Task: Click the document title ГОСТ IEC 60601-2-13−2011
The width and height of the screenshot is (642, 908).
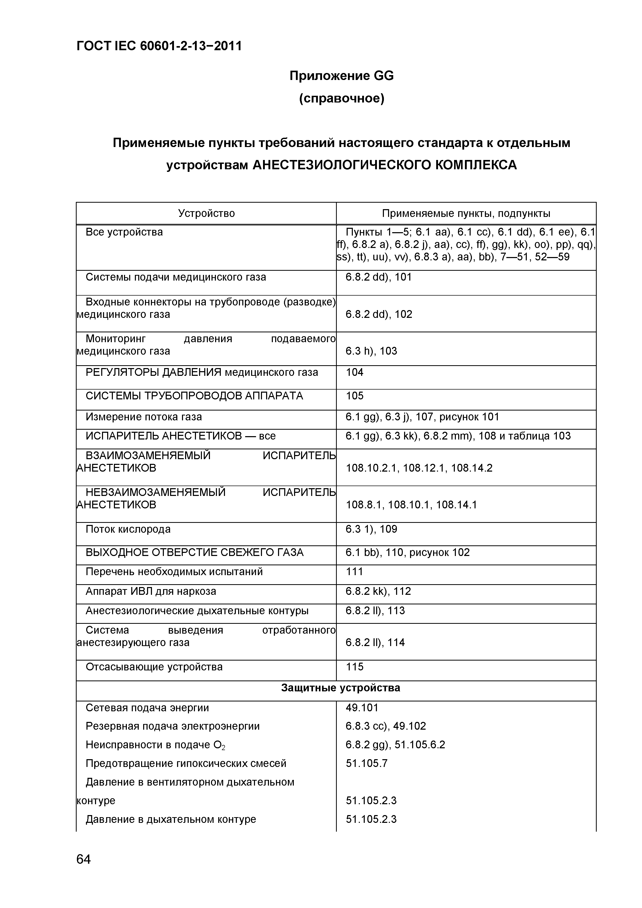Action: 159,47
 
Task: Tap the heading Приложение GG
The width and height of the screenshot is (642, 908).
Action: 341,76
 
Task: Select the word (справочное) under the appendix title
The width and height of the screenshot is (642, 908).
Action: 341,98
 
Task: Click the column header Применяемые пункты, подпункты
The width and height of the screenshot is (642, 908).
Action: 466,214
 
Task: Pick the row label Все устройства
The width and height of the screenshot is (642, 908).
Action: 124,232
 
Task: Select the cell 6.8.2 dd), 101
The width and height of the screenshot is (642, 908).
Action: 378,277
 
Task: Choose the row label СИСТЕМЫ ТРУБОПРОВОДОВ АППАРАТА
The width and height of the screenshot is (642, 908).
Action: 194,396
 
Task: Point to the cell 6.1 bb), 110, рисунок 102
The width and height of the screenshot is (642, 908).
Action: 407,552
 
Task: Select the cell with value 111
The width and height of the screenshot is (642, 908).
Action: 354,572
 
